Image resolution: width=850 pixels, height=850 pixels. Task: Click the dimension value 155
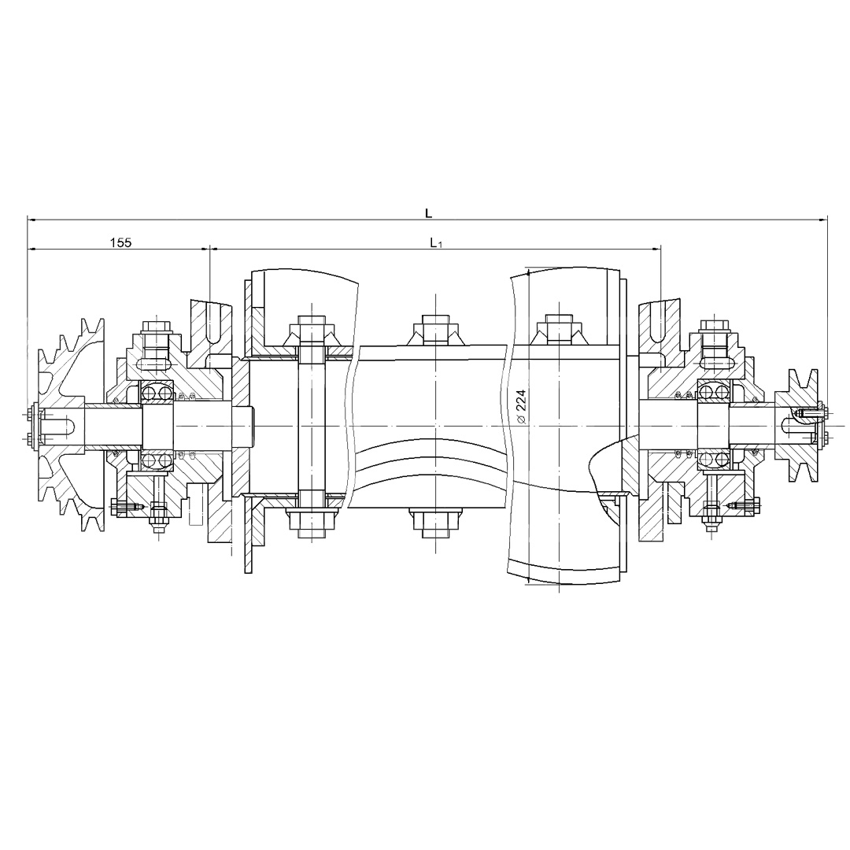[120, 242]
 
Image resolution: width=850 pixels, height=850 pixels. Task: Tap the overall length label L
[428, 213]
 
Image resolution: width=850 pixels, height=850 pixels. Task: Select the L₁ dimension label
[436, 243]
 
